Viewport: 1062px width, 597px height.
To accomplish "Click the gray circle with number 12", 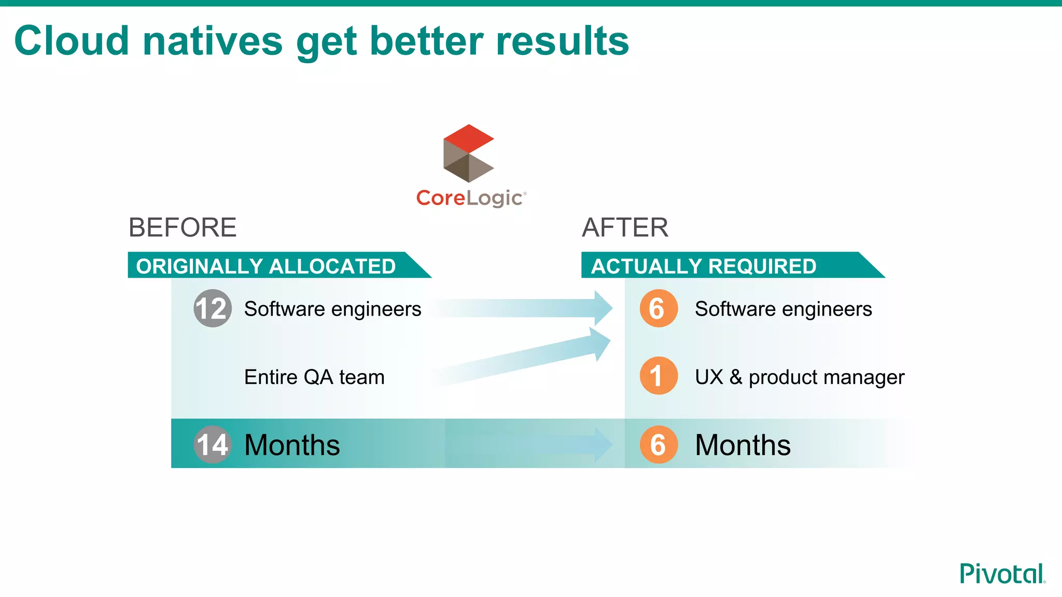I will (x=212, y=308).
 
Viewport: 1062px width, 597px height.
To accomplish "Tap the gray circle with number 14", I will (x=212, y=444).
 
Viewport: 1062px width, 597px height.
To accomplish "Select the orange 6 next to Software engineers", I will (x=658, y=308).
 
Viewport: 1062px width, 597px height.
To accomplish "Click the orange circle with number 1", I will (x=658, y=376).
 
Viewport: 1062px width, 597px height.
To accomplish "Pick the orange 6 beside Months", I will (x=658, y=444).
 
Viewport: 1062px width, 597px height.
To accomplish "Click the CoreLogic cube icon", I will (x=468, y=153).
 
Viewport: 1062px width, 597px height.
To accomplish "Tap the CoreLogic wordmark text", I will (x=470, y=198).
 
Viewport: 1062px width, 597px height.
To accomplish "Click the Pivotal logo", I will (x=1002, y=574).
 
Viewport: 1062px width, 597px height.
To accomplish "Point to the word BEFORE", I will (x=183, y=228).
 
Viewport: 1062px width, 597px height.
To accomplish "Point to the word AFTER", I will (x=625, y=228).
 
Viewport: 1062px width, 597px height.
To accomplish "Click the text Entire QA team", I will (x=314, y=377).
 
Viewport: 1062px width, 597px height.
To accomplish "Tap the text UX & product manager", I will (x=799, y=377).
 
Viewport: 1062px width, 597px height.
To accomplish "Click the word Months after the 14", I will (x=292, y=445).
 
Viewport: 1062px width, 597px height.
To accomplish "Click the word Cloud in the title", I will (x=72, y=41).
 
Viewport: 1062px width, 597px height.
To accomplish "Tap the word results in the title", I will (x=562, y=41).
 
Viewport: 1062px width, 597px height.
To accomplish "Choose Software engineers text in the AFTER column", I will (x=783, y=309).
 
